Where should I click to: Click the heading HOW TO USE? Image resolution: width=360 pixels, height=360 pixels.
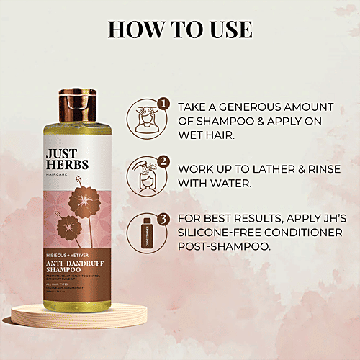pyautogui.click(x=180, y=30)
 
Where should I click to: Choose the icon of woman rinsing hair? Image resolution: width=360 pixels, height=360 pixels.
pyautogui.click(x=144, y=175)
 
